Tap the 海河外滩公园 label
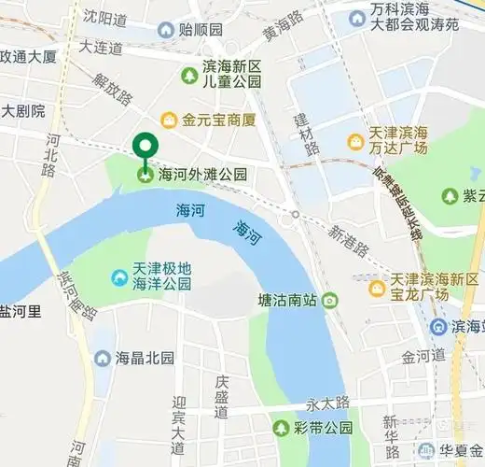pyautogui.click(x=203, y=174)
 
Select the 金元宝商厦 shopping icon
pyautogui.click(x=169, y=120)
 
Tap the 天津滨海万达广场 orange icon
pyautogui.click(x=355, y=142)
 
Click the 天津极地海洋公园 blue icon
pyautogui.click(x=119, y=277)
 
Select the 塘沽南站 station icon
pyautogui.click(x=329, y=301)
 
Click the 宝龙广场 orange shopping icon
pyautogui.click(x=376, y=288)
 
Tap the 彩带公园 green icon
pyautogui.click(x=281, y=428)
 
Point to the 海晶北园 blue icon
pyautogui.click(x=102, y=358)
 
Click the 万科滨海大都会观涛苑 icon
pyautogui.click(x=356, y=18)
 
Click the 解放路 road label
pyautogui.click(x=113, y=86)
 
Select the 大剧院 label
pyautogui.click(x=23, y=111)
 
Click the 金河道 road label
pyautogui.click(x=423, y=357)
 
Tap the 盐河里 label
pyautogui.click(x=21, y=311)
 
